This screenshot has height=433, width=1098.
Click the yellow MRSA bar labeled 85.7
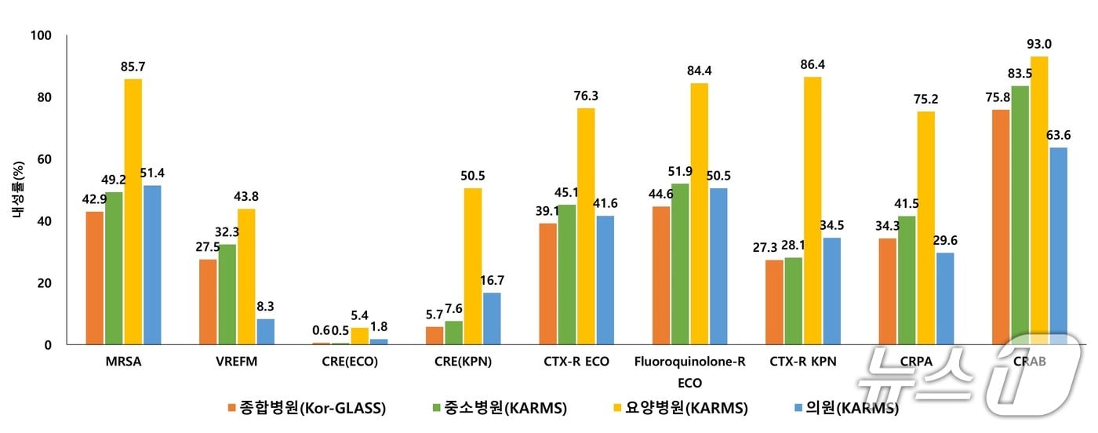click(x=133, y=212)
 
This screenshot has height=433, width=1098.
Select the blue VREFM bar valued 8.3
click(x=265, y=331)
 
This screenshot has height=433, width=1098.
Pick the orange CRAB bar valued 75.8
click(x=1001, y=227)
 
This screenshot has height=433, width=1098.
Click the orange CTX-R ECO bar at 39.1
click(x=547, y=284)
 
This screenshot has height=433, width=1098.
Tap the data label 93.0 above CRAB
click(x=1039, y=44)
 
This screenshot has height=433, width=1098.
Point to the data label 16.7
click(x=492, y=280)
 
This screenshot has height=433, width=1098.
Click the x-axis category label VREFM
click(x=237, y=362)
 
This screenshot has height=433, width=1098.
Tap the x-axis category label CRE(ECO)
click(x=350, y=362)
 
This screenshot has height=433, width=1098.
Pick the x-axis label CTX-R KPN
click(x=802, y=362)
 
